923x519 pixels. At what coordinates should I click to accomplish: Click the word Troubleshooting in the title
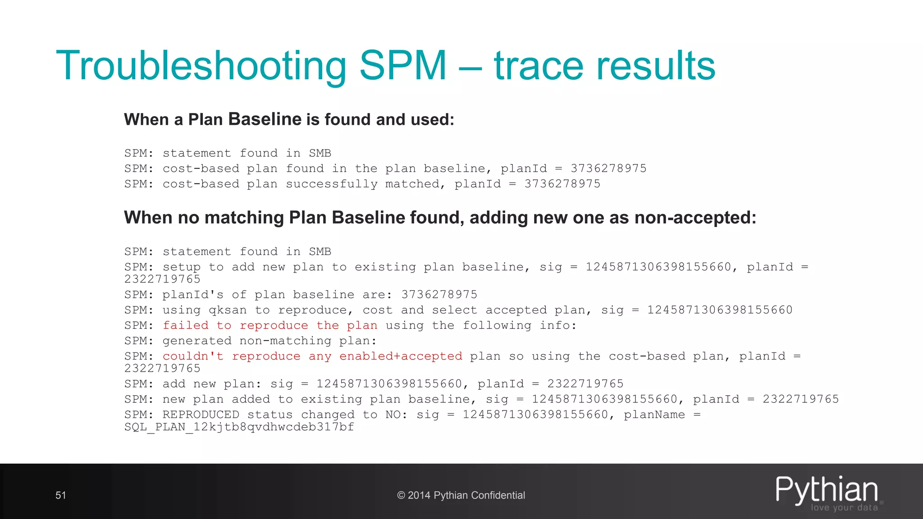pos(201,67)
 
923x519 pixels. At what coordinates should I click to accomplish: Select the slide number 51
pos(61,495)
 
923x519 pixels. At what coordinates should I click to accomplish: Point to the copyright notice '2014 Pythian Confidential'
pos(461,495)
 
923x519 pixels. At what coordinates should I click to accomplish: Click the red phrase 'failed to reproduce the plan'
pos(270,325)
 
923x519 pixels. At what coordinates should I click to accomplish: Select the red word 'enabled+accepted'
pos(401,356)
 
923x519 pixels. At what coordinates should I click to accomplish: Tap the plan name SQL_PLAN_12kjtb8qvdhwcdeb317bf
pos(239,427)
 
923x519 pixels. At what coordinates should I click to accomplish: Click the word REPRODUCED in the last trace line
pos(201,414)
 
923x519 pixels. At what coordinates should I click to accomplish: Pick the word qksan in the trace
pos(228,310)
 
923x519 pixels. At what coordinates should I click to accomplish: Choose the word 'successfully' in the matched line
pos(332,184)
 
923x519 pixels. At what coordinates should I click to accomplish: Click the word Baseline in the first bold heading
pos(265,119)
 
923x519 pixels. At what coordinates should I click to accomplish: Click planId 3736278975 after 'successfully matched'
pos(562,184)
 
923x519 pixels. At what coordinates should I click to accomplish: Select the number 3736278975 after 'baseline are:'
pos(439,295)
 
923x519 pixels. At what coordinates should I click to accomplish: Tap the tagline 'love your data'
pos(844,507)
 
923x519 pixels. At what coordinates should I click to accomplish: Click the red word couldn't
pos(193,356)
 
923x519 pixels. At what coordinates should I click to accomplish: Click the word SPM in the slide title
pos(402,66)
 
